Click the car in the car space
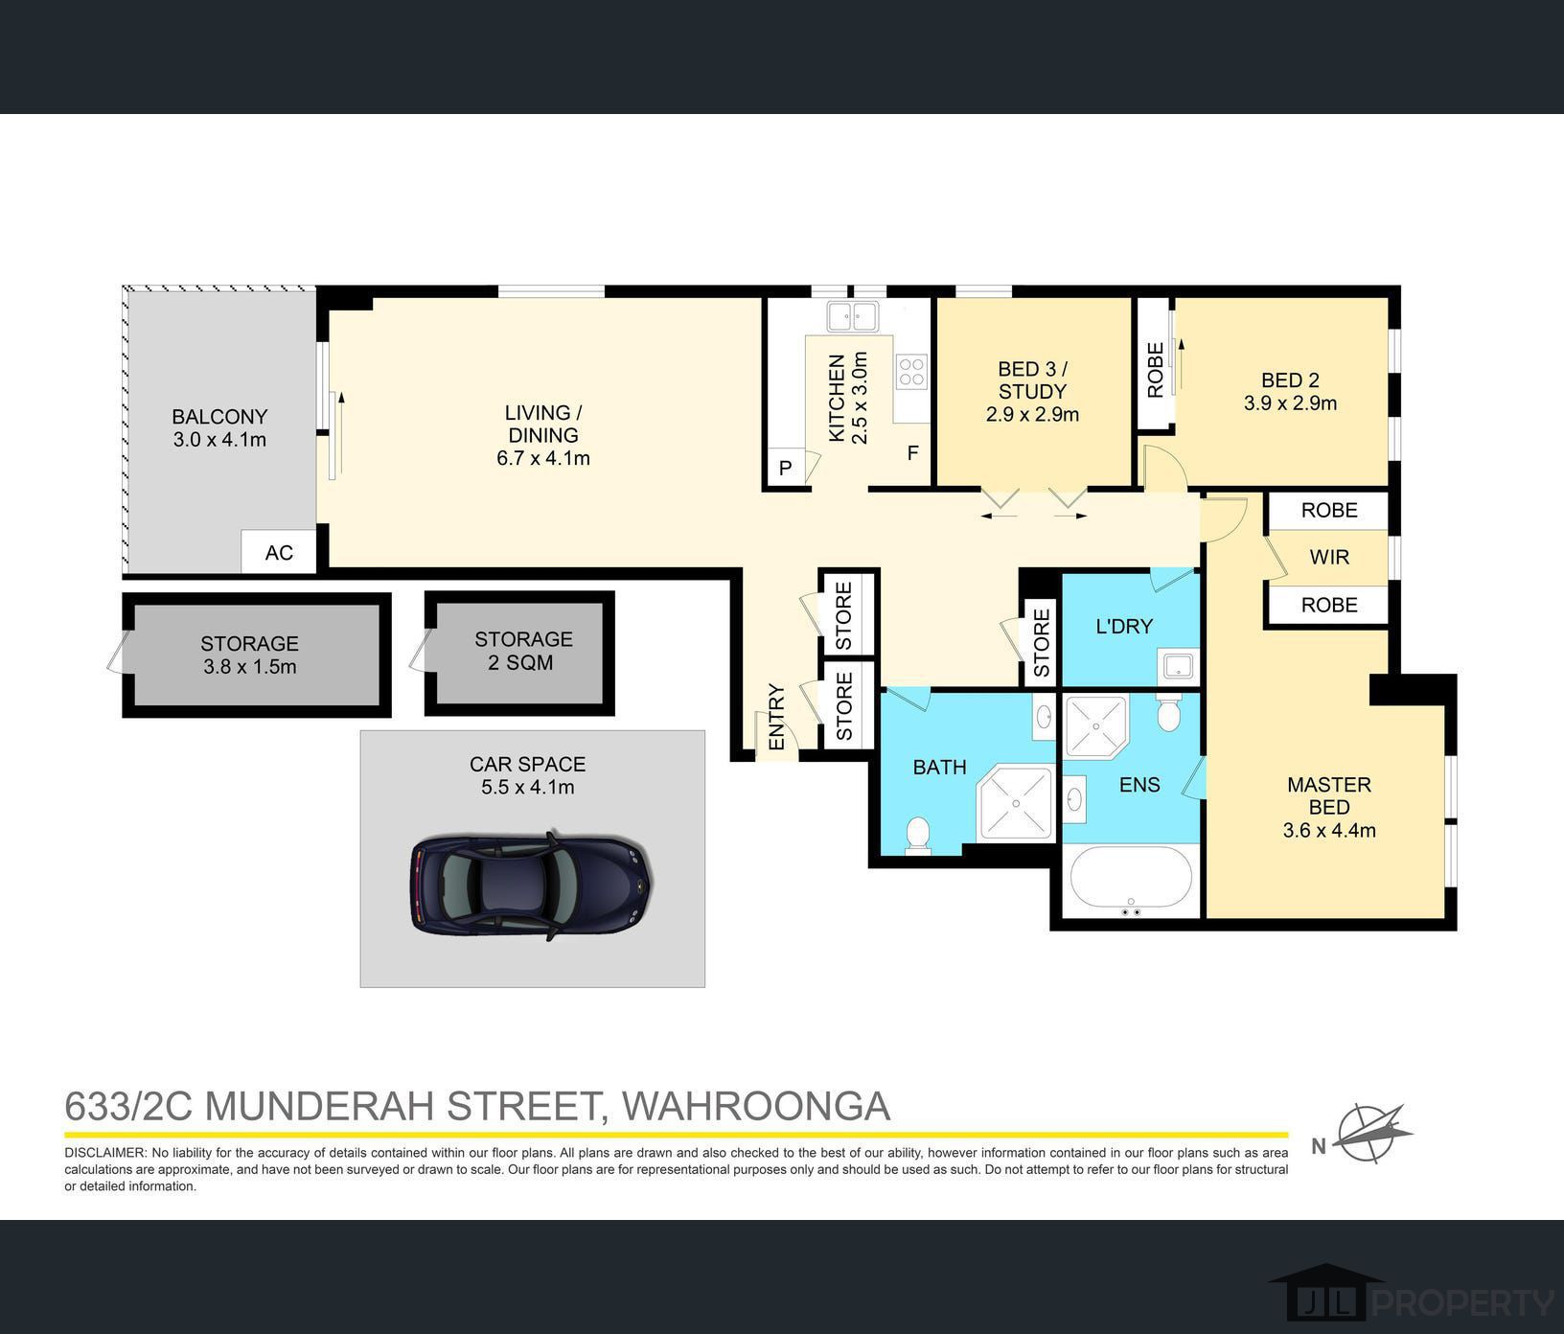coord(532,885)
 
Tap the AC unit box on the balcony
coord(279,552)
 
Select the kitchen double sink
coord(854,315)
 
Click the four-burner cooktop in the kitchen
coord(911,371)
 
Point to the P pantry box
coord(786,469)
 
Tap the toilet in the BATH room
coord(918,835)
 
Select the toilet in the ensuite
coord(1168,712)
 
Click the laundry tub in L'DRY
coord(1176,663)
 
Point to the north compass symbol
coord(1372,1134)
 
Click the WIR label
coord(1329,557)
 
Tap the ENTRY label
coord(776,717)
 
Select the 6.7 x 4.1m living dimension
coord(543,458)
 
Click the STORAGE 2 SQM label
coord(522,651)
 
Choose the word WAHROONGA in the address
coord(756,1106)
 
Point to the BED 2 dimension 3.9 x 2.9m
coord(1290,403)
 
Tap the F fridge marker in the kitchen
coord(913,452)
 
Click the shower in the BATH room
coord(1015,802)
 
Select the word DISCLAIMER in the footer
coord(104,1153)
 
